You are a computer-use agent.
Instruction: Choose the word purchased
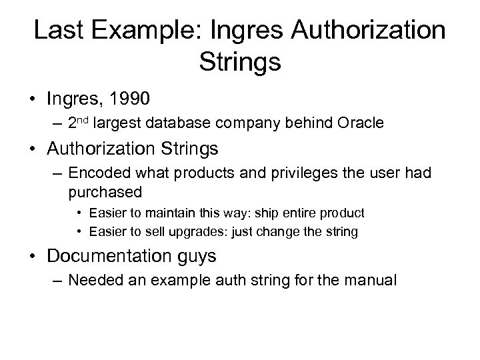105,192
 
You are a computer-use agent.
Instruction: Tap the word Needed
92,281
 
